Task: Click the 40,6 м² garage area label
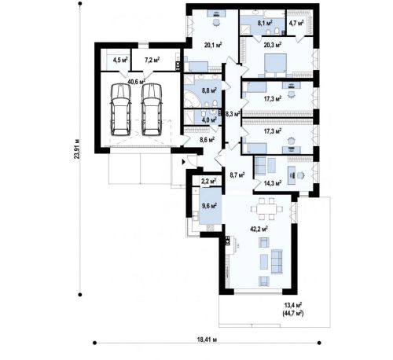pos(136,82)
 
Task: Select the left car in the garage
pos(120,109)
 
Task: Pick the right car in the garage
pos(152,109)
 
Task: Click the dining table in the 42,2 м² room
pos(266,209)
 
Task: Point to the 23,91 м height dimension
pos(77,149)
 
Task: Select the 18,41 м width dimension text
pos(207,340)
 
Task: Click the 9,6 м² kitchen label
pos(209,206)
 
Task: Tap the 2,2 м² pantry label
pos(208,181)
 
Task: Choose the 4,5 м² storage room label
pos(120,60)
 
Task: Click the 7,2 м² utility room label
pos(152,60)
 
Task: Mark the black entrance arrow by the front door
pos(184,162)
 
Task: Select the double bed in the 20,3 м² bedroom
pos(275,64)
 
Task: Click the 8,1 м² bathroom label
pos(265,23)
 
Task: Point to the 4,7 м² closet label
pos(296,23)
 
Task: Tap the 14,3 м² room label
pos(273,183)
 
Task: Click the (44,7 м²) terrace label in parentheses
pos(293,313)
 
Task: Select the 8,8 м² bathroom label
pos(209,91)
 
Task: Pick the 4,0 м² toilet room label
pos(209,120)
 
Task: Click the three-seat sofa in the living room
pos(277,262)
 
